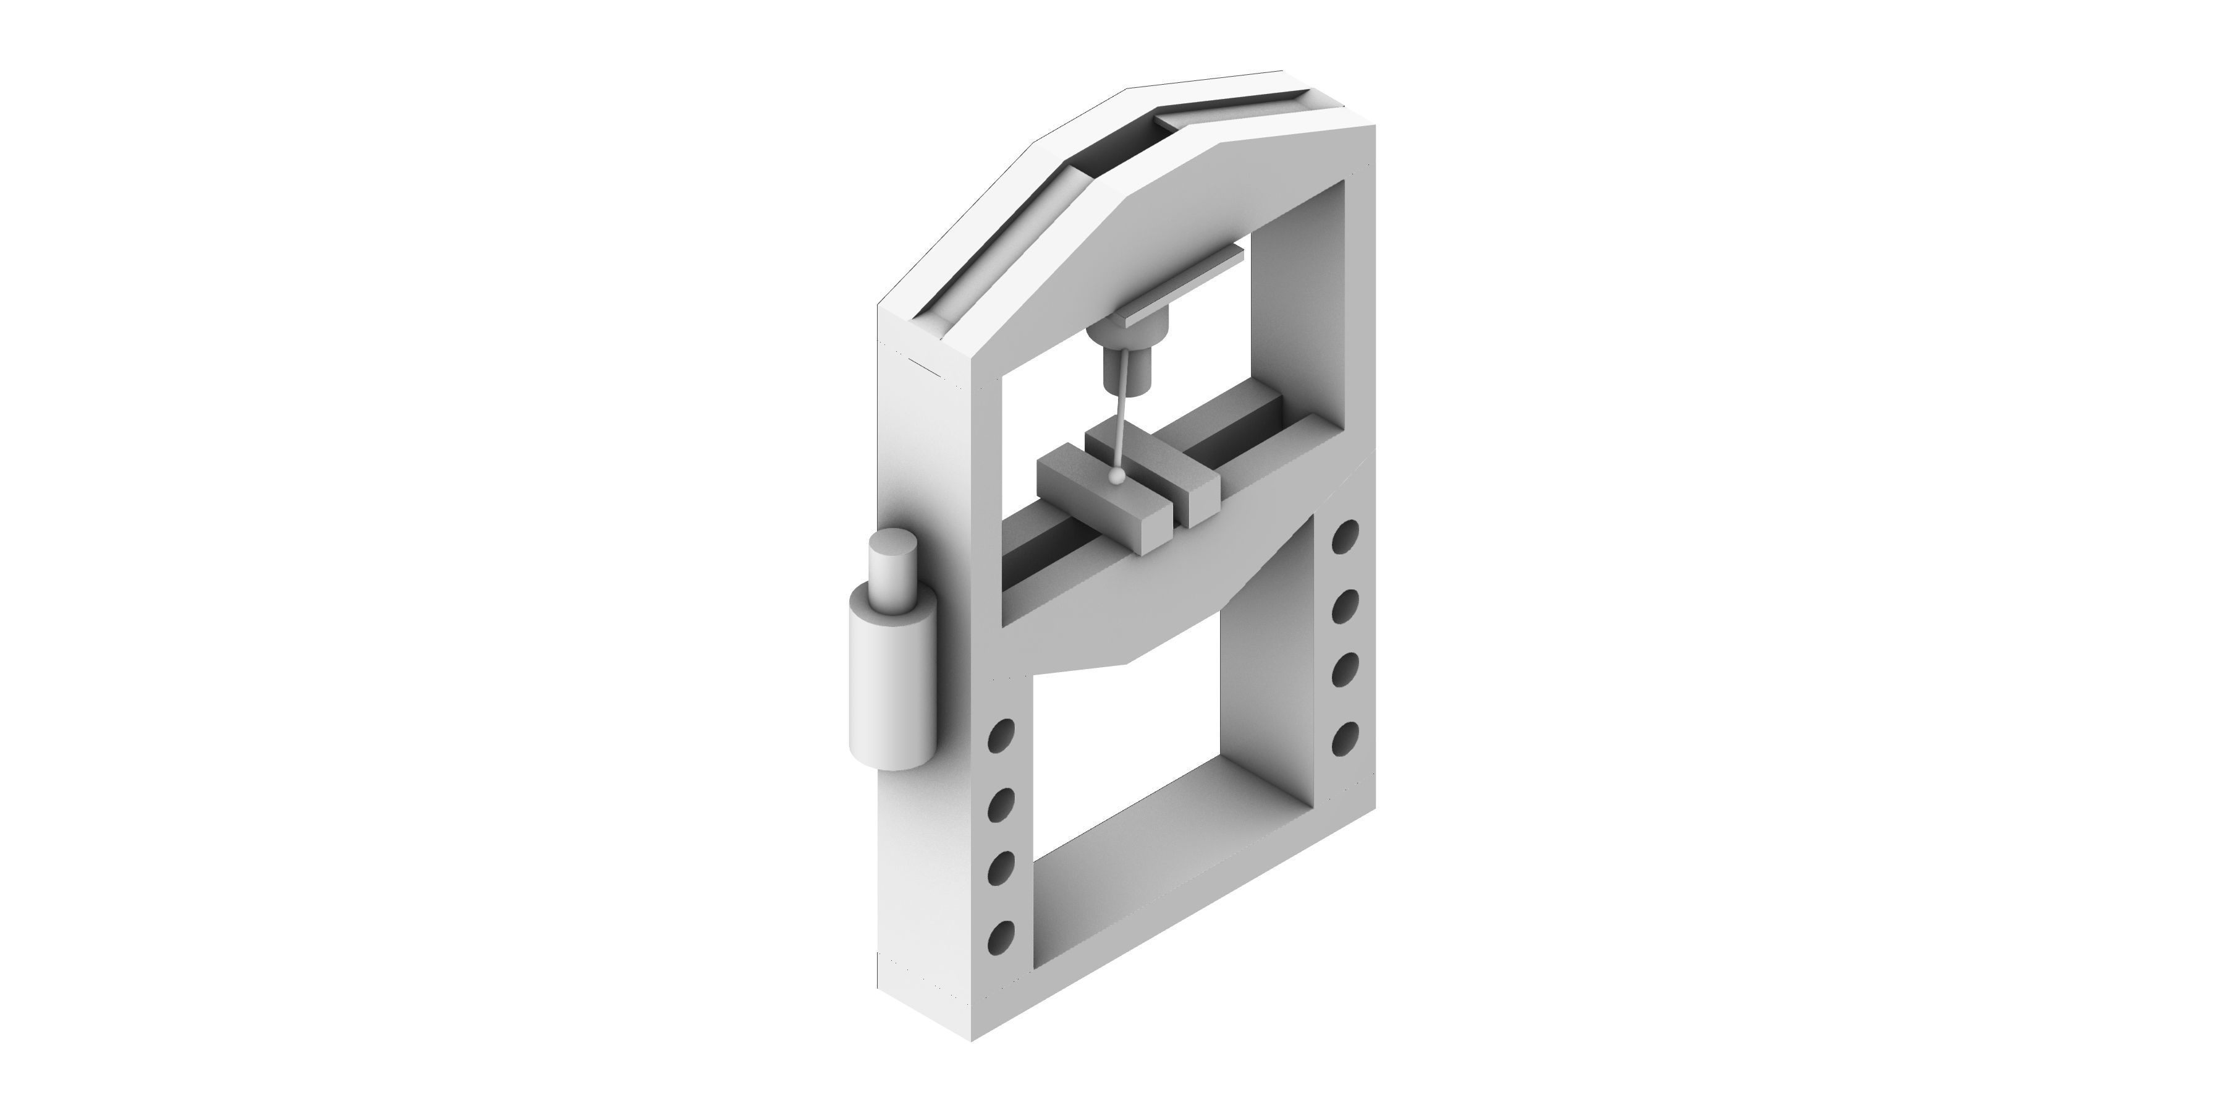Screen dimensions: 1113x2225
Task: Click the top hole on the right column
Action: tap(1345, 537)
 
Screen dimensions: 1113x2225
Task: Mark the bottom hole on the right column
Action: tap(1345, 738)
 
